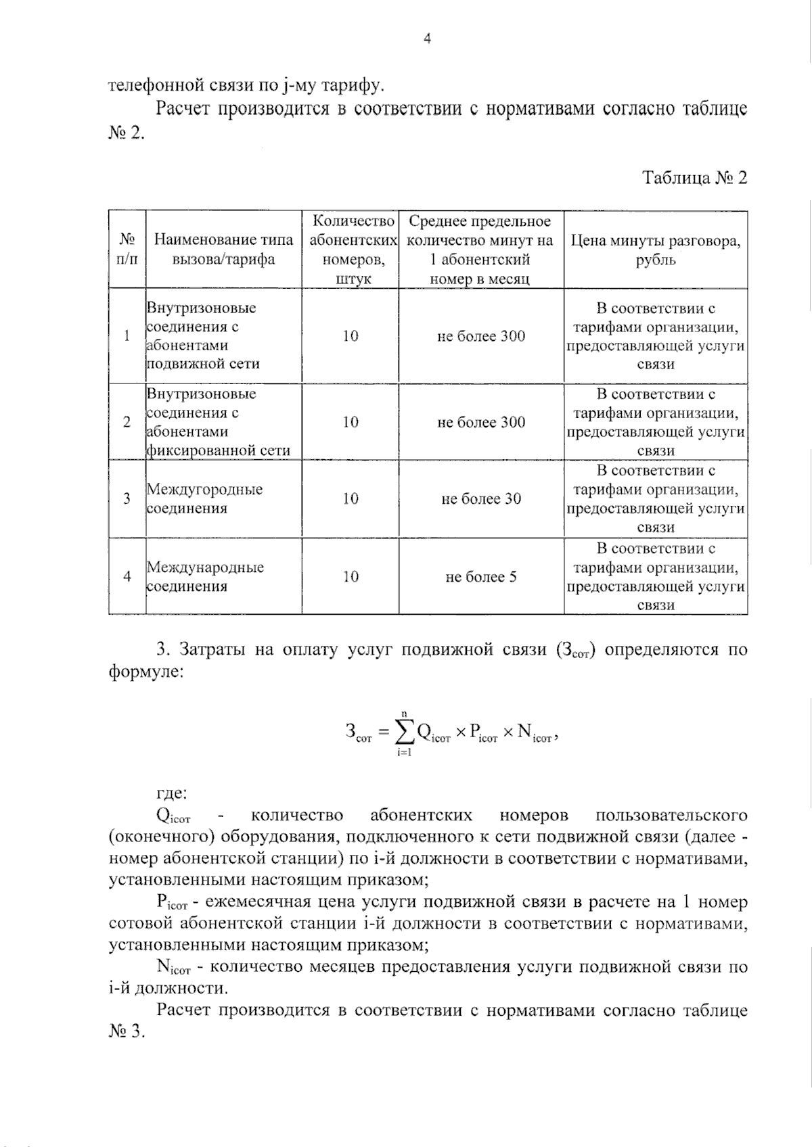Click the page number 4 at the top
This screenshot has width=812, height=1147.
tap(426, 39)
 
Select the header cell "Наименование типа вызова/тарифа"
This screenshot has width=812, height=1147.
tap(223, 250)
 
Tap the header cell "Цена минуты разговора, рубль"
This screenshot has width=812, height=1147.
tap(655, 250)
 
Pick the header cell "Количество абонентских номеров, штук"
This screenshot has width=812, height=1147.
tap(350, 250)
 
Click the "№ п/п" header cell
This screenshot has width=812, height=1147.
tap(127, 250)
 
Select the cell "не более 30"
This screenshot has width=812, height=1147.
tap(481, 499)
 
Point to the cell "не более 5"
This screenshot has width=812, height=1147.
tap(481, 577)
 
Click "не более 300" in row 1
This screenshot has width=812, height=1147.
tap(481, 336)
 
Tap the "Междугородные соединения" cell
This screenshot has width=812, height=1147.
tap(204, 498)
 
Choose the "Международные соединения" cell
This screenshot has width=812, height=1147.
tap(205, 576)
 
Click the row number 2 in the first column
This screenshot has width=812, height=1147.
tap(127, 422)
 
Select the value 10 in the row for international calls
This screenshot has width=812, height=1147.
tap(350, 577)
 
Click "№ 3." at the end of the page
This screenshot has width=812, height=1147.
tap(127, 1033)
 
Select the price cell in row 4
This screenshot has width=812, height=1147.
tap(655, 577)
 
